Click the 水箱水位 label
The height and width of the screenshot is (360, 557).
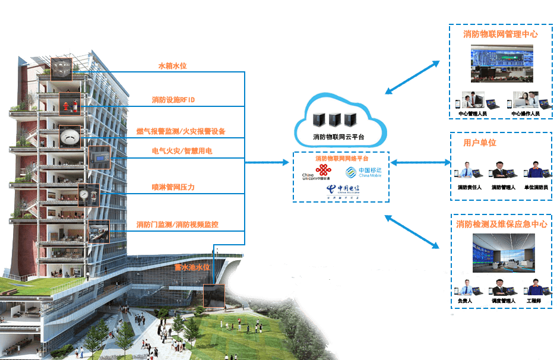coord(172,66)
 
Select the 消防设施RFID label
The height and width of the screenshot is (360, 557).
coord(173,100)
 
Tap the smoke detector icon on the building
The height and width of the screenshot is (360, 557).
coord(69,136)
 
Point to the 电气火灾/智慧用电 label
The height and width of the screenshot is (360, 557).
coord(182,151)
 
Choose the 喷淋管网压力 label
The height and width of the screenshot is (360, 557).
coord(173,187)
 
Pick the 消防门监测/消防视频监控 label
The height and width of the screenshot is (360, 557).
coord(178,225)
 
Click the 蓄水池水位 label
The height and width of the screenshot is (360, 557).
coord(192,268)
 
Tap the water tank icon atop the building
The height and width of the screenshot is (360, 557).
coord(60,69)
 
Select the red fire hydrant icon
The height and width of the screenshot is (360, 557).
coord(65,107)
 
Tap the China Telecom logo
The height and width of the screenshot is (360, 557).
coord(341,190)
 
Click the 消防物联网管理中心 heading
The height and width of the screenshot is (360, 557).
coord(501,34)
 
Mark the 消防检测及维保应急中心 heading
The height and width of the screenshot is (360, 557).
coord(502,225)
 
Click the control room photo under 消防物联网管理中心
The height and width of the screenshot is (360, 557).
coord(502,65)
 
